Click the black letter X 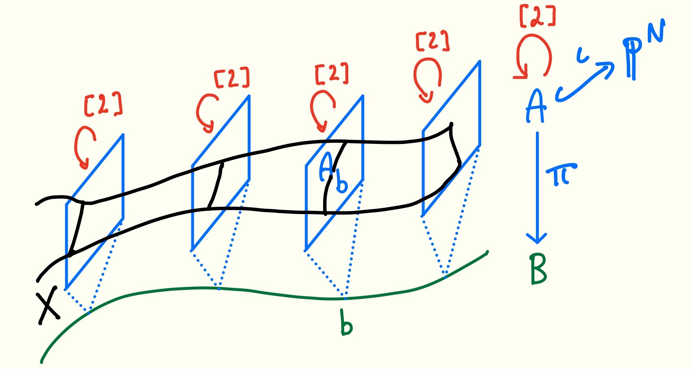tap(48, 308)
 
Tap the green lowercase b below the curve tap(346, 323)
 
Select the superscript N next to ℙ tap(656, 31)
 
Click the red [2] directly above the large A tap(537, 17)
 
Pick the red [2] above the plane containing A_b tap(332, 74)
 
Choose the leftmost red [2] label tap(103, 105)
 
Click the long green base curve tap(243, 290)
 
